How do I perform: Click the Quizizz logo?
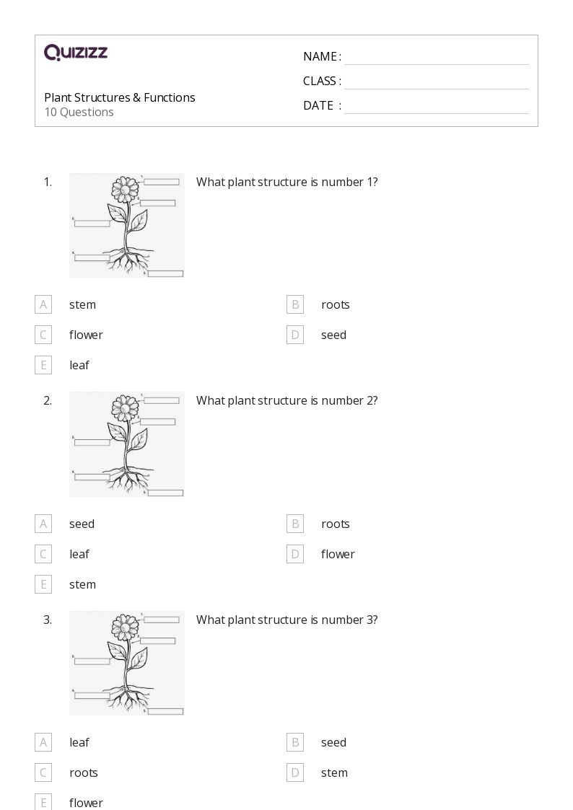pyautogui.click(x=76, y=53)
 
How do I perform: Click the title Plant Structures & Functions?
pyautogui.click(x=120, y=97)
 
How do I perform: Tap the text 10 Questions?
pyautogui.click(x=79, y=112)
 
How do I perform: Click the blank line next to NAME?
pyautogui.click(x=436, y=57)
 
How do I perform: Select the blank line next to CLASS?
pyautogui.click(x=436, y=82)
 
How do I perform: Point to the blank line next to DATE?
pyautogui.click(x=436, y=106)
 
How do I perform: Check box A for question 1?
pyautogui.click(x=43, y=304)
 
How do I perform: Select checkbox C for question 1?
pyautogui.click(x=43, y=335)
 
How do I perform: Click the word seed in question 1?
pyautogui.click(x=333, y=335)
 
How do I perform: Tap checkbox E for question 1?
pyautogui.click(x=43, y=365)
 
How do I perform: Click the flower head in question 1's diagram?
pyautogui.click(x=125, y=190)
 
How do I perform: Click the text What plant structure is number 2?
pyautogui.click(x=286, y=400)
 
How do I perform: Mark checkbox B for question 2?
pyautogui.click(x=295, y=524)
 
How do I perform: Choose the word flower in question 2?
pyautogui.click(x=338, y=554)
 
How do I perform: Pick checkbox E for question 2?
pyautogui.click(x=43, y=584)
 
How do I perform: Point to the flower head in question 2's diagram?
pyautogui.click(x=125, y=409)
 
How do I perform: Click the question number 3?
pyautogui.click(x=48, y=620)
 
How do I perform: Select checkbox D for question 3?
pyautogui.click(x=295, y=772)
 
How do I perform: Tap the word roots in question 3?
pyautogui.click(x=84, y=772)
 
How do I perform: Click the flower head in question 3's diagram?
pyautogui.click(x=125, y=628)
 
